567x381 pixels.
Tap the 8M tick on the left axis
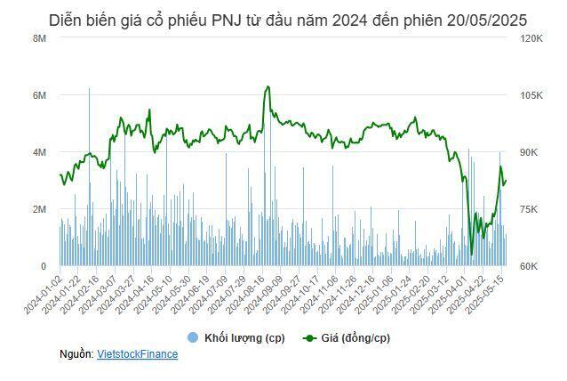tap(39, 38)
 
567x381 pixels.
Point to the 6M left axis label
tap(39, 95)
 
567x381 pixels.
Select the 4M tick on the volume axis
tap(39, 152)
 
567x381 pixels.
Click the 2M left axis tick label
tap(39, 209)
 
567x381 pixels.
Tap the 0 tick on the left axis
tap(43, 266)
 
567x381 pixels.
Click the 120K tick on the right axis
tap(531, 38)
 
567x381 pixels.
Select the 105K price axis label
tap(531, 95)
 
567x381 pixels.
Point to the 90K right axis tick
tap(529, 152)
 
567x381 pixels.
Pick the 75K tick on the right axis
tap(529, 209)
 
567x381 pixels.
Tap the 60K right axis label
tap(529, 266)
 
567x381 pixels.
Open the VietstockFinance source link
tap(137, 354)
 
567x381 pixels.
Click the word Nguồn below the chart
tap(76, 354)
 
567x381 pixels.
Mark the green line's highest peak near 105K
tap(268, 86)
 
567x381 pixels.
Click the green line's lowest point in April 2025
tap(471, 254)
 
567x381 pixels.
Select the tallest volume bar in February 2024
tap(89, 89)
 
